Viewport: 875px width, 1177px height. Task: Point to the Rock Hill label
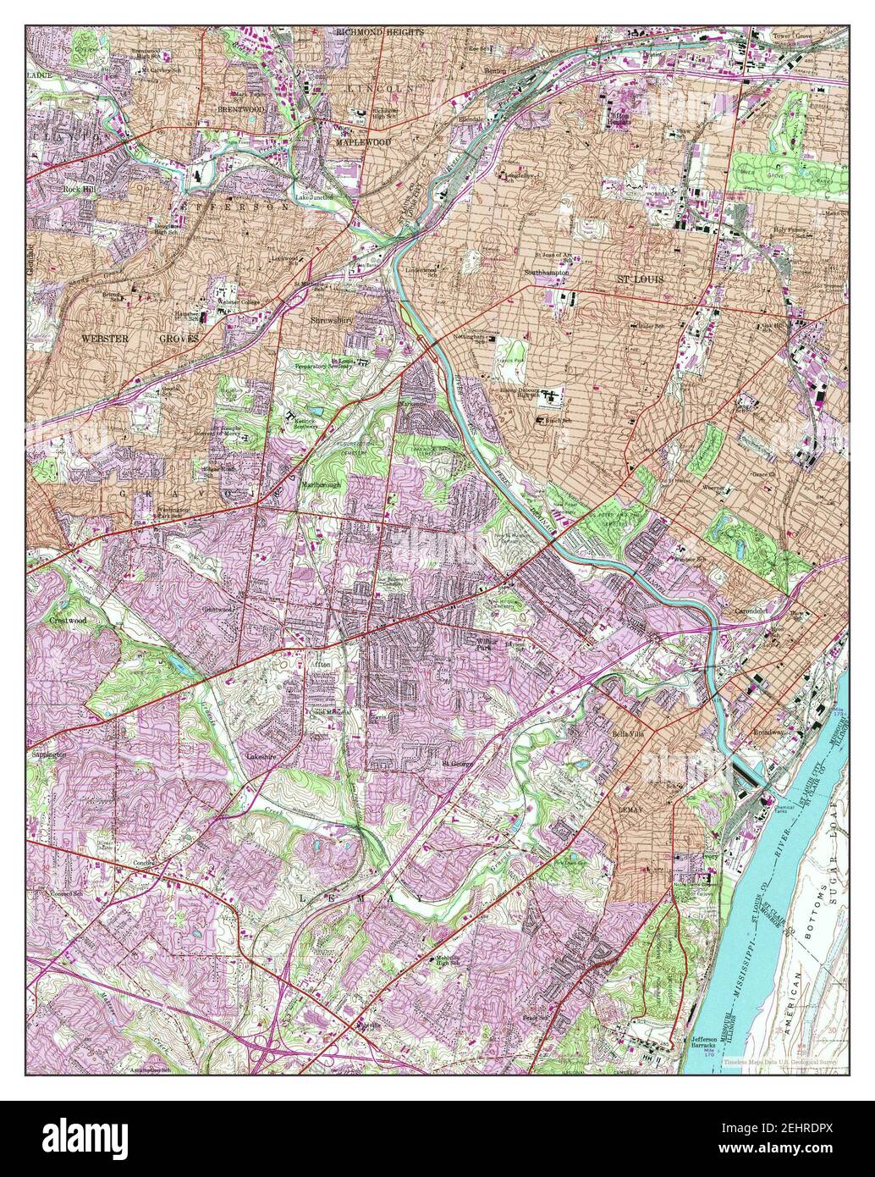point(80,190)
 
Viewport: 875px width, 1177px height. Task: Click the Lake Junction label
point(314,196)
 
